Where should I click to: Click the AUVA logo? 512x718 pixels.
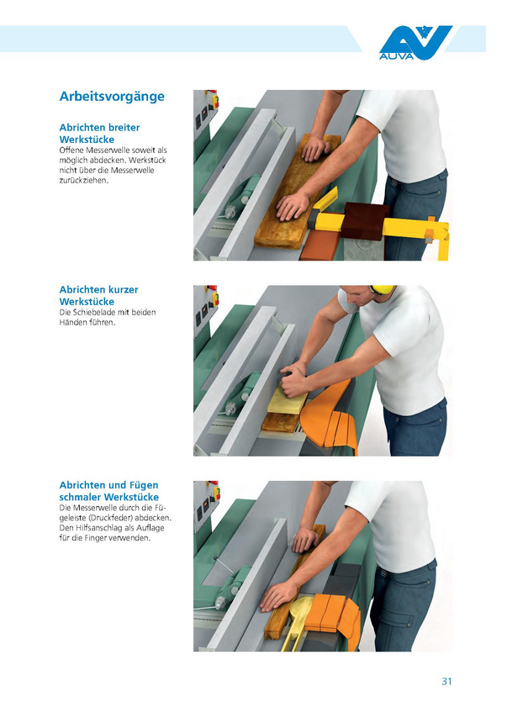coord(415,43)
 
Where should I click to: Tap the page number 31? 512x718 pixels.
coord(446,681)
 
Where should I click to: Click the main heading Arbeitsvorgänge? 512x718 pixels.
coord(112,97)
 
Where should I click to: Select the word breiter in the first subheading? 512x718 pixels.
coord(124,127)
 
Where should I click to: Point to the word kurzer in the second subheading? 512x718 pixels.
coord(122,289)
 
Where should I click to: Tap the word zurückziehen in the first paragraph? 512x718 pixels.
coord(84,181)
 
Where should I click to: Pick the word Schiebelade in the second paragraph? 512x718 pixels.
coord(92,312)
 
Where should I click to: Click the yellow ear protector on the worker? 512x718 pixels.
coord(382,289)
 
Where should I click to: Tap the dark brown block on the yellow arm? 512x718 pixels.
coord(365,221)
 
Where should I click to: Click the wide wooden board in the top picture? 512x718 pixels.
coord(298,193)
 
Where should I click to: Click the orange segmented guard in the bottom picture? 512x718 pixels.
coord(333,616)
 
